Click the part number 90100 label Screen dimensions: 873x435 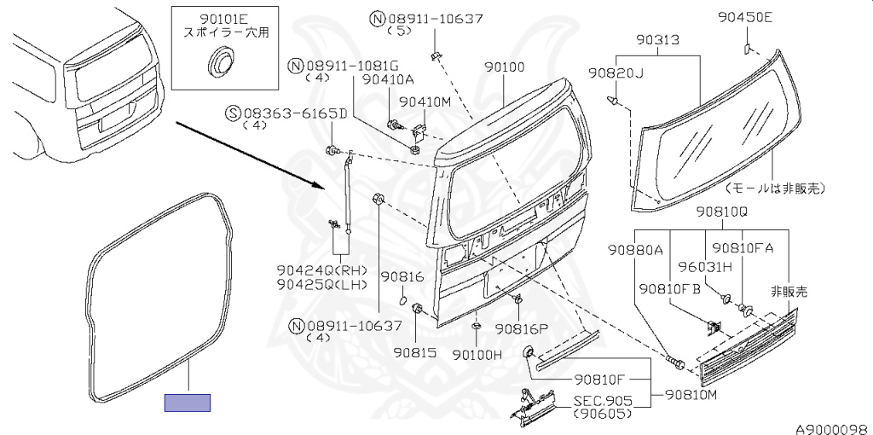[x=504, y=67]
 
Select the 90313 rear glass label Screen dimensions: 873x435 [x=659, y=39]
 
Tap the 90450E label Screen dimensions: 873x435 [x=745, y=18]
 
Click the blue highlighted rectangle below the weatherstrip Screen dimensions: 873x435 [x=187, y=403]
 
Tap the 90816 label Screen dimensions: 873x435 [x=402, y=277]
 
